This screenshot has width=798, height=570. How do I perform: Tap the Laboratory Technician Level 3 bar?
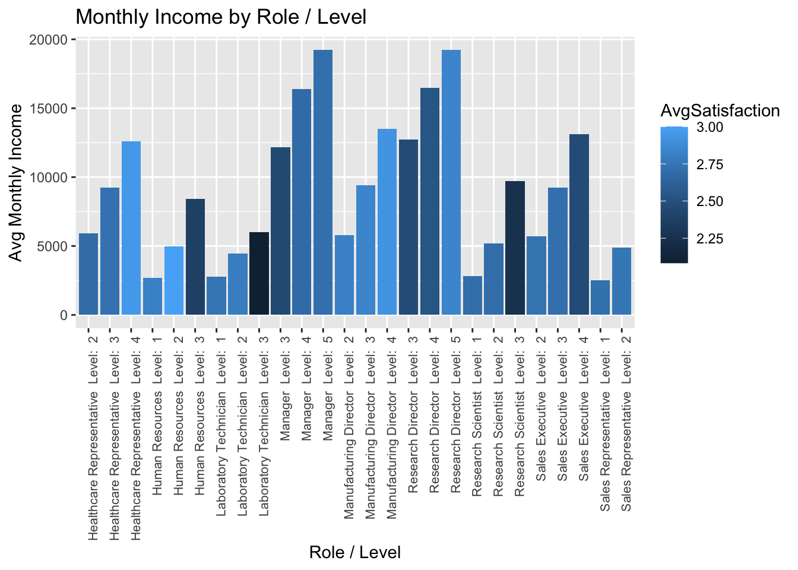[259, 274]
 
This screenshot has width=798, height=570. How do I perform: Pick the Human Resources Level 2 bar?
[174, 281]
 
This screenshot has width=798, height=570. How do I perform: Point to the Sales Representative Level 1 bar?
[600, 297]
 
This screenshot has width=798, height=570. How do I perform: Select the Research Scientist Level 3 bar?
[515, 248]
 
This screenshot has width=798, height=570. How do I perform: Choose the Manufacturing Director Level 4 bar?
[387, 222]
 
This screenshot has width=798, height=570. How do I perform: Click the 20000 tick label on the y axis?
[50, 40]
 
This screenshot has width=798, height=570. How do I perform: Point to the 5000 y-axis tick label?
[54, 246]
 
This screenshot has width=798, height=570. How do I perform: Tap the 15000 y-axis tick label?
[50, 109]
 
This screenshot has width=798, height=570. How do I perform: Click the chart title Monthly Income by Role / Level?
[221, 17]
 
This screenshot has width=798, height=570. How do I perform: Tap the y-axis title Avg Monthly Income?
[17, 182]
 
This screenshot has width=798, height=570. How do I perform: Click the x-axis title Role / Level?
[355, 553]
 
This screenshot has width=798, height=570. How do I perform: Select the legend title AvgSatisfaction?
[720, 111]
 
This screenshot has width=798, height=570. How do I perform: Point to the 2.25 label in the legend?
[710, 239]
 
